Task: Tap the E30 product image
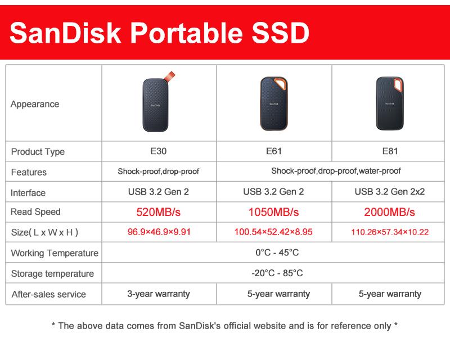coord(156,105)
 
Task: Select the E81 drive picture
coord(389,103)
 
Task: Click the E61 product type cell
coord(273,151)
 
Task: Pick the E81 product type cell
coord(389,151)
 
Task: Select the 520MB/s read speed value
coord(158,212)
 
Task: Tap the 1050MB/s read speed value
coord(273,212)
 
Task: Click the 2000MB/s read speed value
coord(389,212)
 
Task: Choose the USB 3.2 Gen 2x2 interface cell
coord(389,191)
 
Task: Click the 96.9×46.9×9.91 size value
coord(159,232)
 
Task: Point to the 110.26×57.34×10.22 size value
coord(389,232)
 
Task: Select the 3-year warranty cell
coord(158,294)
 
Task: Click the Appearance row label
coord(35,104)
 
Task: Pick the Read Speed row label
coord(35,211)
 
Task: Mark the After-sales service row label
coord(48,294)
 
